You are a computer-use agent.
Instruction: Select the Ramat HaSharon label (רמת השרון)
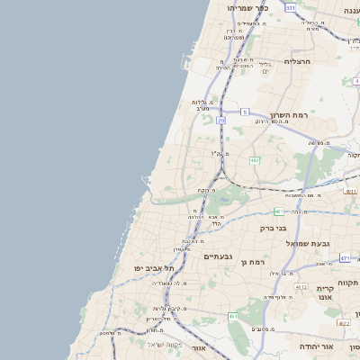tap(288, 116)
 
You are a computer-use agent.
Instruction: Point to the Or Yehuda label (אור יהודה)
tap(319, 346)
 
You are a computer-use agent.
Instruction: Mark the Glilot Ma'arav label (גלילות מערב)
tap(201, 105)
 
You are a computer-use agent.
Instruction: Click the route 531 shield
tap(291, 7)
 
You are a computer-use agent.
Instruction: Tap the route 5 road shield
tap(244, 112)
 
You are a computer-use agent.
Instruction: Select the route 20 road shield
tap(220, 120)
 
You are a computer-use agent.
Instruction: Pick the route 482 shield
tap(256, 160)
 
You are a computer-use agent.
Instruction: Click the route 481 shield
tap(279, 211)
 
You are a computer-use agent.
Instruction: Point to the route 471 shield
tap(345, 258)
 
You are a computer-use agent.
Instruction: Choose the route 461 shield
tap(233, 316)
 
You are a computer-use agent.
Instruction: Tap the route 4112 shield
tap(301, 285)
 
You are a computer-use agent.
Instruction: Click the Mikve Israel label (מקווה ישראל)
tap(165, 345)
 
